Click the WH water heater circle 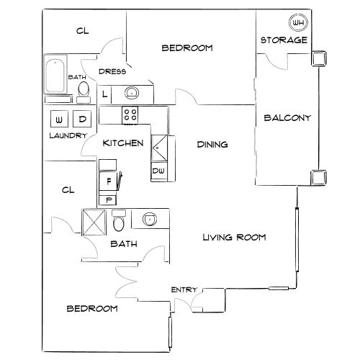pos(298,22)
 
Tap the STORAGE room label pos(284,40)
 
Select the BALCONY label pos(287,118)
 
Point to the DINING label pos(212,144)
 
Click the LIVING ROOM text pos(235,237)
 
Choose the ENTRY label pos(184,289)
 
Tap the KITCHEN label pos(122,143)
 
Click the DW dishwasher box pos(158,171)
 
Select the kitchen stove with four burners pos(130,114)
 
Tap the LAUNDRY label pos(68,135)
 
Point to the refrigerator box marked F pos(109,181)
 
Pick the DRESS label pos(113,71)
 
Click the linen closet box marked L pos(105,94)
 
